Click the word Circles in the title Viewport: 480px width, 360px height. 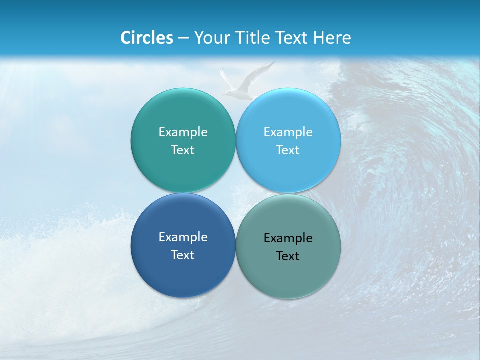tap(147, 38)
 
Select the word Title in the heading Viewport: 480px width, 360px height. tap(255, 38)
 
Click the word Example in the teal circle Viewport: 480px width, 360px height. tap(183, 132)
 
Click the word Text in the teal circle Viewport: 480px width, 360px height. tap(183, 150)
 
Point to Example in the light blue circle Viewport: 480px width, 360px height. tap(288, 132)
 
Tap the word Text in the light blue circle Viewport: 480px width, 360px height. tap(288, 150)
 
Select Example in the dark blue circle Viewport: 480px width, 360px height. tap(183, 237)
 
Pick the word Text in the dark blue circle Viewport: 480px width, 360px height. tap(183, 255)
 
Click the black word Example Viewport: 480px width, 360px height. tap(288, 238)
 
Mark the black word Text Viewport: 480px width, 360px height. tap(288, 256)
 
